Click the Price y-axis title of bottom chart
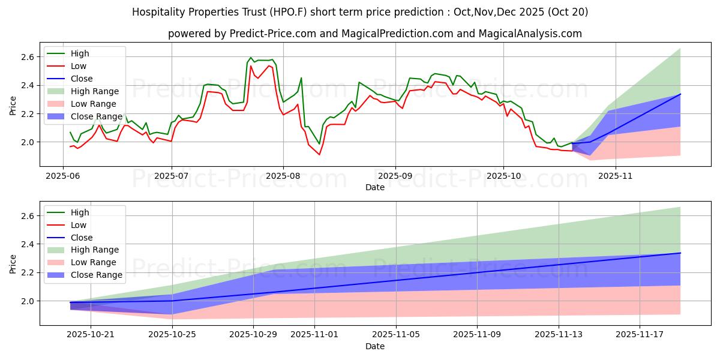tap(13, 263)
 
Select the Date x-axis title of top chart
tap(376, 188)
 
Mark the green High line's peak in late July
tap(251, 58)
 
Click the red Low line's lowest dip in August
tap(319, 155)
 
